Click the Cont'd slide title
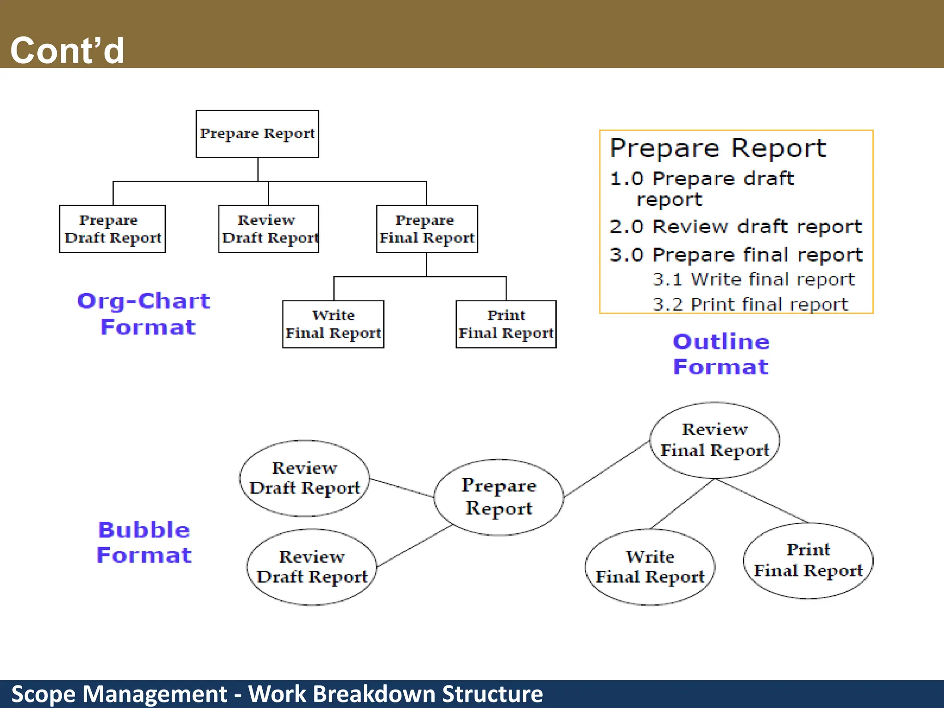click(67, 50)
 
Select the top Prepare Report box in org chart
click(257, 134)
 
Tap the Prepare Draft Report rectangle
click(112, 229)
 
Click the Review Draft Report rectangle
click(269, 229)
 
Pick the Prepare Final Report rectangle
click(427, 229)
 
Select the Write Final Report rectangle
click(333, 324)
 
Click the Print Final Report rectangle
click(506, 324)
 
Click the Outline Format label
click(721, 354)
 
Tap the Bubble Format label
click(144, 542)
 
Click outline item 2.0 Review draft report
click(735, 227)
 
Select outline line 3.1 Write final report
click(753, 279)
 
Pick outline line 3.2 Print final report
click(750, 304)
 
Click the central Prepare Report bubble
click(499, 497)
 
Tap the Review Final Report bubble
click(714, 440)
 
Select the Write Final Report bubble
click(650, 567)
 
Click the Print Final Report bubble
click(808, 560)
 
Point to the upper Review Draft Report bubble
click(304, 478)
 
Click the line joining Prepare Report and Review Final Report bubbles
click(607, 469)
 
